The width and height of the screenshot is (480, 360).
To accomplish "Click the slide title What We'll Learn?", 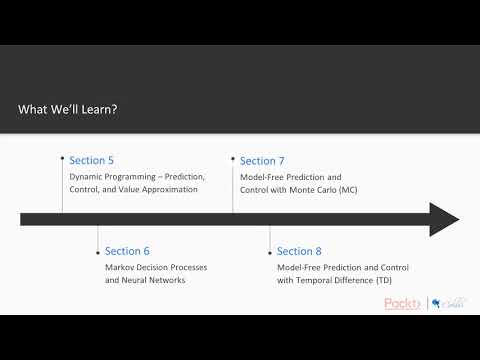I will pos(67,111).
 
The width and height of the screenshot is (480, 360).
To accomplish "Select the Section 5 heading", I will pos(91,160).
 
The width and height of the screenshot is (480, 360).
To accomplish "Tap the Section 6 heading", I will pos(127,251).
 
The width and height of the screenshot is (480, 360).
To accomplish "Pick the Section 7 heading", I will pos(262,160).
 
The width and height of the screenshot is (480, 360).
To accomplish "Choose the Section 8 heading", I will pos(299,251).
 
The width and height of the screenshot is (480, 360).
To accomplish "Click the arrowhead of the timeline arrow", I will pos(444,219).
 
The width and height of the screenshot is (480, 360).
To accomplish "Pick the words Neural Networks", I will pos(154,280).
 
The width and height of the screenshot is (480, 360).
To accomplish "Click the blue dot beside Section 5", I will pos(62,158).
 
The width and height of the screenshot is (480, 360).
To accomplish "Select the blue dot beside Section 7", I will pos(233,158).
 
